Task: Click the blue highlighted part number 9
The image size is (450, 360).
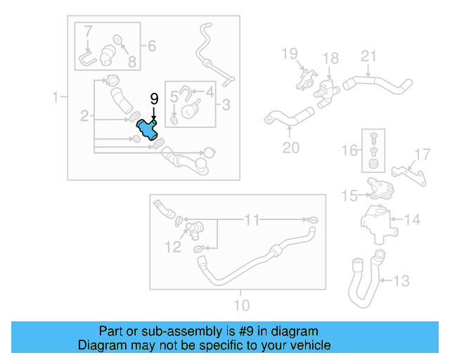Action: (148, 130)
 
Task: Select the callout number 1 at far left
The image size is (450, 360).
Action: (56, 97)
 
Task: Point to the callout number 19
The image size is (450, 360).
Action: (290, 53)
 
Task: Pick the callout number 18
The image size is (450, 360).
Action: (330, 58)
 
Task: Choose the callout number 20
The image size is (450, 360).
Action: (291, 148)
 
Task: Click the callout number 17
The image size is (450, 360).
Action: (422, 153)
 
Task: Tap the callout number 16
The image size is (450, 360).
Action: (349, 150)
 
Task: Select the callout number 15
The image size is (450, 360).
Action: (349, 196)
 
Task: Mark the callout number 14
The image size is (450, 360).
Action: (412, 220)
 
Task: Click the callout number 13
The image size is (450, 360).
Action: (400, 281)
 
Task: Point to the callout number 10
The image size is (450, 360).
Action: (240, 305)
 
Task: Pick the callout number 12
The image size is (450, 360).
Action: (172, 246)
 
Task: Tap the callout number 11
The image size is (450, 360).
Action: (252, 220)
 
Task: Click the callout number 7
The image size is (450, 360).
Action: (88, 32)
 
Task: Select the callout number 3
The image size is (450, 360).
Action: (226, 105)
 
